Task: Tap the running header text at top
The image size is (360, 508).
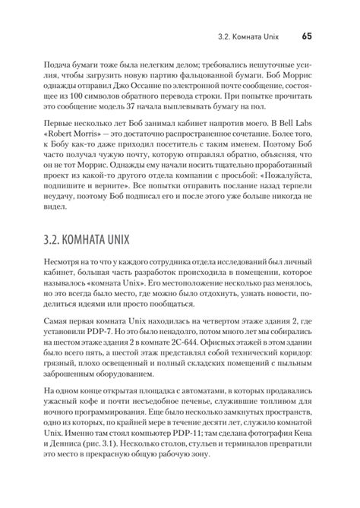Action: coord(251,35)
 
